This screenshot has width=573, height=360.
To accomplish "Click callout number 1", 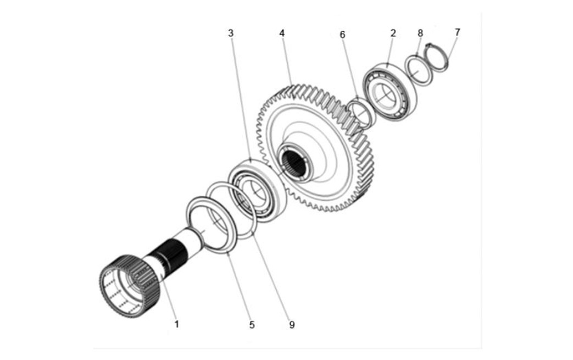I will (176, 324).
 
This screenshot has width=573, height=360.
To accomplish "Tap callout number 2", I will (393, 33).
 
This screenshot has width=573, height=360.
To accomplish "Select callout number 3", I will (231, 33).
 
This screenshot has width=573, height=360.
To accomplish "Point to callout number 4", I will (282, 33).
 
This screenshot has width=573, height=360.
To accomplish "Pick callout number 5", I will (252, 325).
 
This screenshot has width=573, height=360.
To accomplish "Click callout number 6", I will (342, 35).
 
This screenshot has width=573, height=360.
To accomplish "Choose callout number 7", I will (457, 32).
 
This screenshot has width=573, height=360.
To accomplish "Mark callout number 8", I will (420, 33).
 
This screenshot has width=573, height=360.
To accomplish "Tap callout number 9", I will (292, 325).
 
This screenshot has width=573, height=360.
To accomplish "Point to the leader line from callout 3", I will (240, 99).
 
